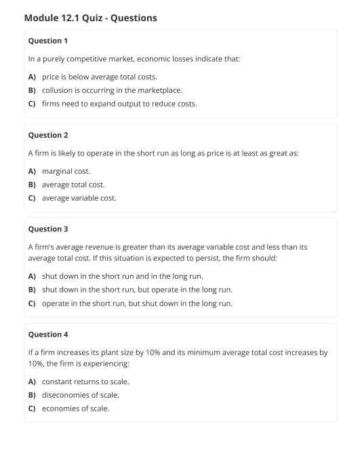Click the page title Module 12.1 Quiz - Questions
pyautogui.click(x=90, y=18)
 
